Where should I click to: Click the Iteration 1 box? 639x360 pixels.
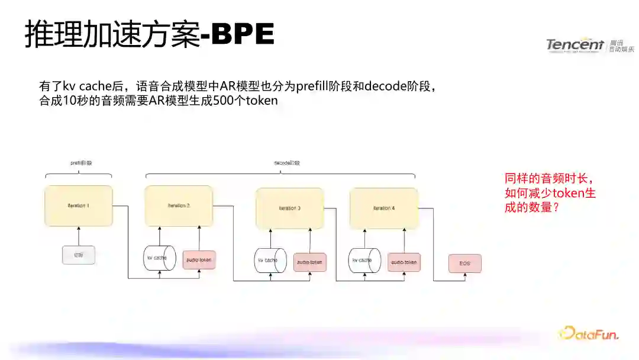click(78, 205)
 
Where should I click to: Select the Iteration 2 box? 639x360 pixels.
click(179, 205)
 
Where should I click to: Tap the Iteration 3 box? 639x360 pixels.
click(289, 208)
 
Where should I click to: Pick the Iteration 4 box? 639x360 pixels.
click(384, 208)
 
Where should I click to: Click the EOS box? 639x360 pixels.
click(464, 263)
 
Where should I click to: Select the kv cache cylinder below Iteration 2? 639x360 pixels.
click(159, 258)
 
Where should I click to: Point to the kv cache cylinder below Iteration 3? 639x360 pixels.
click(270, 261)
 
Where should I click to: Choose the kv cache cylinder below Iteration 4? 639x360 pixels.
click(364, 261)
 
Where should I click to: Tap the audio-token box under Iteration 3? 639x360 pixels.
click(309, 262)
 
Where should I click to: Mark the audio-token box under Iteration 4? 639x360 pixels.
click(404, 262)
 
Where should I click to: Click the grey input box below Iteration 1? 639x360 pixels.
click(78, 255)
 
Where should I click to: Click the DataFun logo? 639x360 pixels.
click(589, 333)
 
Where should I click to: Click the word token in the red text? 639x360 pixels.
click(556, 193)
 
